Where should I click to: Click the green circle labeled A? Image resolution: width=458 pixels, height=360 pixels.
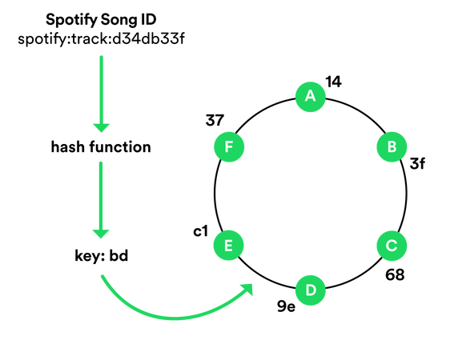[x=311, y=97]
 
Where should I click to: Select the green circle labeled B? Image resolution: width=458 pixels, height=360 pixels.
[x=392, y=147]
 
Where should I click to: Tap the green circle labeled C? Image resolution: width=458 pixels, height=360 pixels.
[x=392, y=246]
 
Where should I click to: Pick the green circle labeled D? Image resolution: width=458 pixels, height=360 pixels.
[x=311, y=290]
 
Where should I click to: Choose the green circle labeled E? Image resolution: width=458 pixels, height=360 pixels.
[x=228, y=246]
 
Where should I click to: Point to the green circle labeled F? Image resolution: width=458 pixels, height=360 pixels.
[x=228, y=147]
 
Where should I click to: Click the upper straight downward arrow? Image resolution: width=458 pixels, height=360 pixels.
[x=101, y=92]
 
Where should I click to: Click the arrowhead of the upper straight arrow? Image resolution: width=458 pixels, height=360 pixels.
[x=101, y=128]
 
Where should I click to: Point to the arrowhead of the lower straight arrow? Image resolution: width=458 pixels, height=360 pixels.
[x=101, y=234]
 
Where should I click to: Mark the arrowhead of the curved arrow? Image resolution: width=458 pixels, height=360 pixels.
[x=249, y=289]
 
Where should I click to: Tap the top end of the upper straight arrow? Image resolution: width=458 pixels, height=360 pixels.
[x=101, y=56]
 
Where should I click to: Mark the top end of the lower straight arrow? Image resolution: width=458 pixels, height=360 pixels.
[x=101, y=162]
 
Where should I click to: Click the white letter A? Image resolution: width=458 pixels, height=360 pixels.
[x=311, y=97]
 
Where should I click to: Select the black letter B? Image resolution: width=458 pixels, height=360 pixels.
[x=392, y=147]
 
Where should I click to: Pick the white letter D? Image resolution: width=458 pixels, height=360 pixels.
[x=311, y=290]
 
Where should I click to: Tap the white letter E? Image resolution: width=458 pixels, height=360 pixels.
[x=228, y=246]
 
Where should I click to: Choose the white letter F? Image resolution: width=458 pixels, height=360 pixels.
[x=228, y=147]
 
